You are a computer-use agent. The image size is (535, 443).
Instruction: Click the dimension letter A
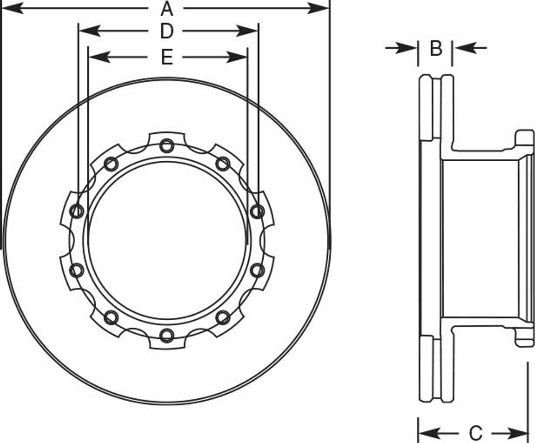167,8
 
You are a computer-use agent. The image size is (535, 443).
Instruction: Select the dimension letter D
167,31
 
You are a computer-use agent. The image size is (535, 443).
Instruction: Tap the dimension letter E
167,57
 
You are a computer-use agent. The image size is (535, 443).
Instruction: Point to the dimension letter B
436,48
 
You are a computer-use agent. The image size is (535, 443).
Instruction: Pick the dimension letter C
476,433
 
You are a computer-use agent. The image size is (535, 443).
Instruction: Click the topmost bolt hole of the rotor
167,146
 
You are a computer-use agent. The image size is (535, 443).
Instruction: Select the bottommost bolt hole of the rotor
167,335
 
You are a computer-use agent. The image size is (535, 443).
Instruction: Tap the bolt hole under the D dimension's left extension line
77,211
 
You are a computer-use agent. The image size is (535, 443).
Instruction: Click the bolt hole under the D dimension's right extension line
257,211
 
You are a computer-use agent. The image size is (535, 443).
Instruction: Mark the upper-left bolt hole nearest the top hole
111,164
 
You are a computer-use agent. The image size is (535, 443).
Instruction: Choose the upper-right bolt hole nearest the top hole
223,164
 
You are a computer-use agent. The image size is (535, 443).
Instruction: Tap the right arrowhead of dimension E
238,57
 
